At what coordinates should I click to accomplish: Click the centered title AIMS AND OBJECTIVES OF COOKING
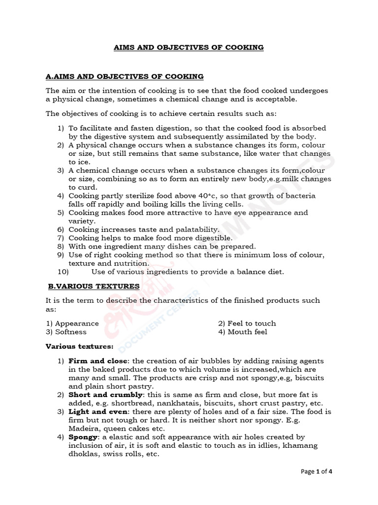pos(189,47)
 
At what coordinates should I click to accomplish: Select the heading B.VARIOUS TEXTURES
pos(94,286)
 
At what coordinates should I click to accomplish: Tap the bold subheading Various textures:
pos(79,346)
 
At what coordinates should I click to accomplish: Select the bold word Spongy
pos(83,437)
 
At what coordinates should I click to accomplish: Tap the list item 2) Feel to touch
pos(247,324)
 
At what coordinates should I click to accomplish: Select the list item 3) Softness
pos(66,332)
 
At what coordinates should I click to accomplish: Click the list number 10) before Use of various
pos(63,272)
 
